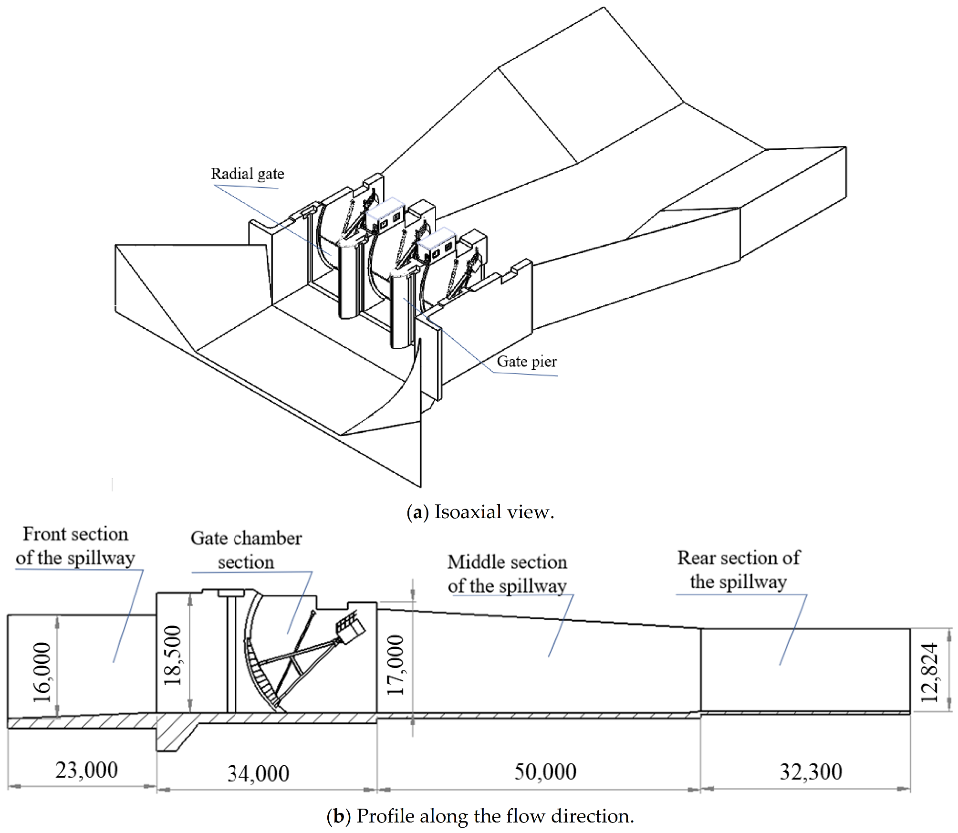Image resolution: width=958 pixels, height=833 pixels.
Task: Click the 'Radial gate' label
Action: coord(247,174)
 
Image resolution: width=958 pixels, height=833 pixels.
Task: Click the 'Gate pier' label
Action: coord(526,362)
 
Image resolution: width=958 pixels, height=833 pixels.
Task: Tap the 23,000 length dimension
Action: coord(86,770)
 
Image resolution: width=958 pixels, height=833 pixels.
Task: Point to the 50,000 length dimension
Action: coord(545,772)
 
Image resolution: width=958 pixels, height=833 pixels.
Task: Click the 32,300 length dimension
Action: coord(811,772)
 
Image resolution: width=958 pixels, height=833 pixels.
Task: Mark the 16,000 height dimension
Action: coord(42,673)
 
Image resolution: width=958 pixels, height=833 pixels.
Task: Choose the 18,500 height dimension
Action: coord(173,656)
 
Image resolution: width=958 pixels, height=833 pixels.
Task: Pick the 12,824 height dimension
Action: coord(928,673)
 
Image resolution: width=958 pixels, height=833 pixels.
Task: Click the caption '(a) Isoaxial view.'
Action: coord(480,512)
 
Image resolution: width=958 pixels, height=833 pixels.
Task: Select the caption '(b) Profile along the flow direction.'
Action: coord(480,816)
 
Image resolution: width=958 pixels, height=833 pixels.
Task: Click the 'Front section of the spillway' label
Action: coord(75,546)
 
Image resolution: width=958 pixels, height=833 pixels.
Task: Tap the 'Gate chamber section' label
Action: coord(246,550)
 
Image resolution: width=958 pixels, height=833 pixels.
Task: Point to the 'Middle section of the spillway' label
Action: coord(507,574)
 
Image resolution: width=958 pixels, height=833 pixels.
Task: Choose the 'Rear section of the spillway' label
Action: coord(739,570)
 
